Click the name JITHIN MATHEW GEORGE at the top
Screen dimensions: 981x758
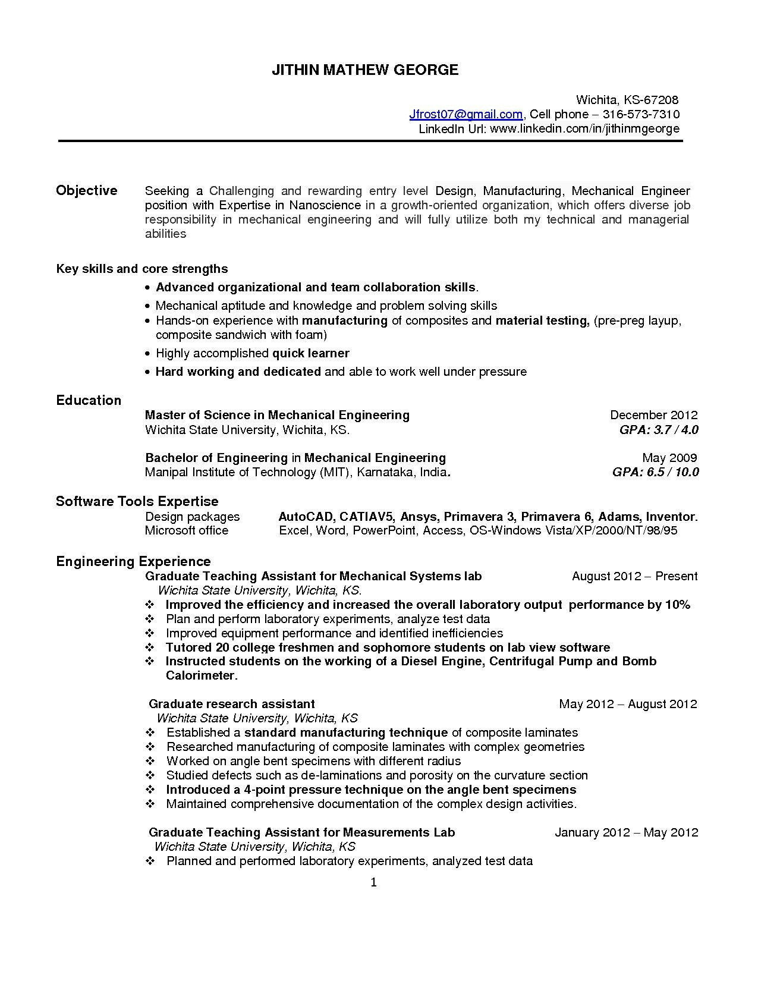click(x=365, y=70)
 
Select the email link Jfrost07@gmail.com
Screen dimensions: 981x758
click(x=466, y=114)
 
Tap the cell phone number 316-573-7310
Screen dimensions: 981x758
click(x=641, y=114)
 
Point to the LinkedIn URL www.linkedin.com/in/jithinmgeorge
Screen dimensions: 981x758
click(x=584, y=129)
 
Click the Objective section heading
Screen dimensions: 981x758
click(x=87, y=191)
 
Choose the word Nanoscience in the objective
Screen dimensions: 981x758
click(x=325, y=206)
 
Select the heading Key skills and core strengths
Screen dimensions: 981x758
click(x=142, y=269)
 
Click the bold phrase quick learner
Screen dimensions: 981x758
click(x=310, y=353)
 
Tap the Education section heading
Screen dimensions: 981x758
click(x=89, y=400)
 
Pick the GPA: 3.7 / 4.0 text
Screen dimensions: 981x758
click(x=659, y=430)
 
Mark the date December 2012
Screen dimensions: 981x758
click(x=653, y=415)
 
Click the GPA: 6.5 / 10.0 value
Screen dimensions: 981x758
click(x=655, y=472)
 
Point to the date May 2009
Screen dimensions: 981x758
click(x=669, y=458)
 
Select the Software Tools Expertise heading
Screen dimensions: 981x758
click(x=137, y=501)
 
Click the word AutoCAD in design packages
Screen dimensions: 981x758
click(x=306, y=517)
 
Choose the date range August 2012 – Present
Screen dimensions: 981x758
click(x=634, y=576)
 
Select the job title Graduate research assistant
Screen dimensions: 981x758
click(x=232, y=704)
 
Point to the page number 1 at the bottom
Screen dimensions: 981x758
click(x=374, y=883)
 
